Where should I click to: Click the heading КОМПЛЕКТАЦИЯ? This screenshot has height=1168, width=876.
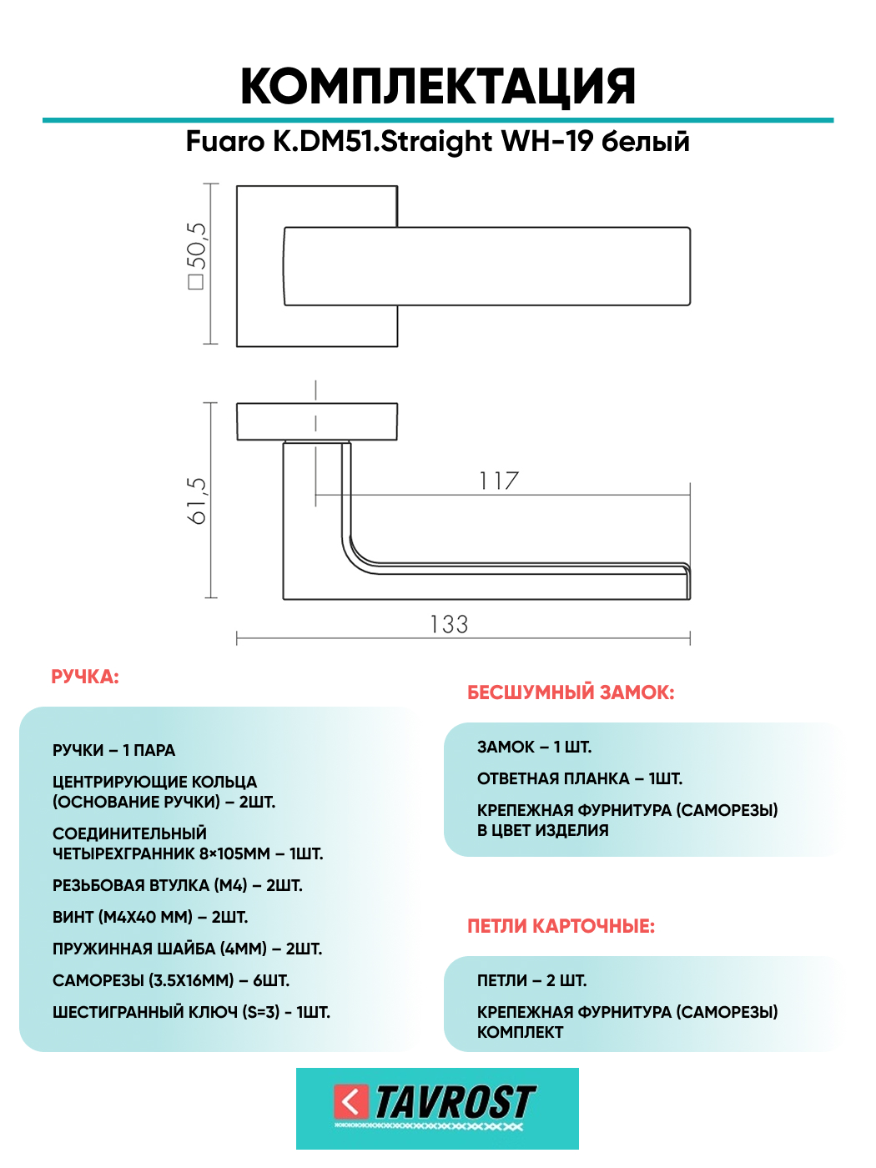[x=438, y=87]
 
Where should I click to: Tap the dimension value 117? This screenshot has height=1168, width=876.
[x=499, y=481]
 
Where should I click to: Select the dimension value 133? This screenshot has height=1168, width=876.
[x=449, y=625]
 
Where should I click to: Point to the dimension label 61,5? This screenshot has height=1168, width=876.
[x=197, y=501]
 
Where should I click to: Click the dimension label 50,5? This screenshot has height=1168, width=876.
[x=197, y=255]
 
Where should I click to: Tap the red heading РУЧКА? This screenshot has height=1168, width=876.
[x=85, y=677]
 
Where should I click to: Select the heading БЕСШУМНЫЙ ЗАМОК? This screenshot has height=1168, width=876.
[x=571, y=692]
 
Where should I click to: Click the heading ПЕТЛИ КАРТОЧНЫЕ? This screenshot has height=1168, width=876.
[x=561, y=926]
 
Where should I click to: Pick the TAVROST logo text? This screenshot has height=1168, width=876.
[x=455, y=1103]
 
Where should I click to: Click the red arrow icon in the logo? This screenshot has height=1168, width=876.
[x=351, y=1102]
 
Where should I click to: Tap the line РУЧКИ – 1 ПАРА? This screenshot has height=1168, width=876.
[x=114, y=750]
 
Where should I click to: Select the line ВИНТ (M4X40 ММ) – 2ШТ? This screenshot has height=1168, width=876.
[x=150, y=917]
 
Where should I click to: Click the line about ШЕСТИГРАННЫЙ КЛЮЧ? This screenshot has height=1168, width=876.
[x=191, y=1012]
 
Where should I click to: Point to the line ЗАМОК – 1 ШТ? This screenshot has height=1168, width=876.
[x=534, y=747]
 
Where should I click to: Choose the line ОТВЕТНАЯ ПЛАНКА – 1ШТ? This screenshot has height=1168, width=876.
[x=580, y=778]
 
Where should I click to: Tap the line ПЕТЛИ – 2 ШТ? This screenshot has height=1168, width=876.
[x=531, y=980]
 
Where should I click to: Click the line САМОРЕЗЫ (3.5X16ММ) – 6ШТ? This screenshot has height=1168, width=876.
[x=171, y=980]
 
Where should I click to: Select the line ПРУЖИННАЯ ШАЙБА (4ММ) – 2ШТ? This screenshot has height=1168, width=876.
[x=187, y=949]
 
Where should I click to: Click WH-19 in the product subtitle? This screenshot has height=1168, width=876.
[x=547, y=142]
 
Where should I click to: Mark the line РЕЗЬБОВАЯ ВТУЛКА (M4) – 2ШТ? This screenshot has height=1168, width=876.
[x=178, y=885]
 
